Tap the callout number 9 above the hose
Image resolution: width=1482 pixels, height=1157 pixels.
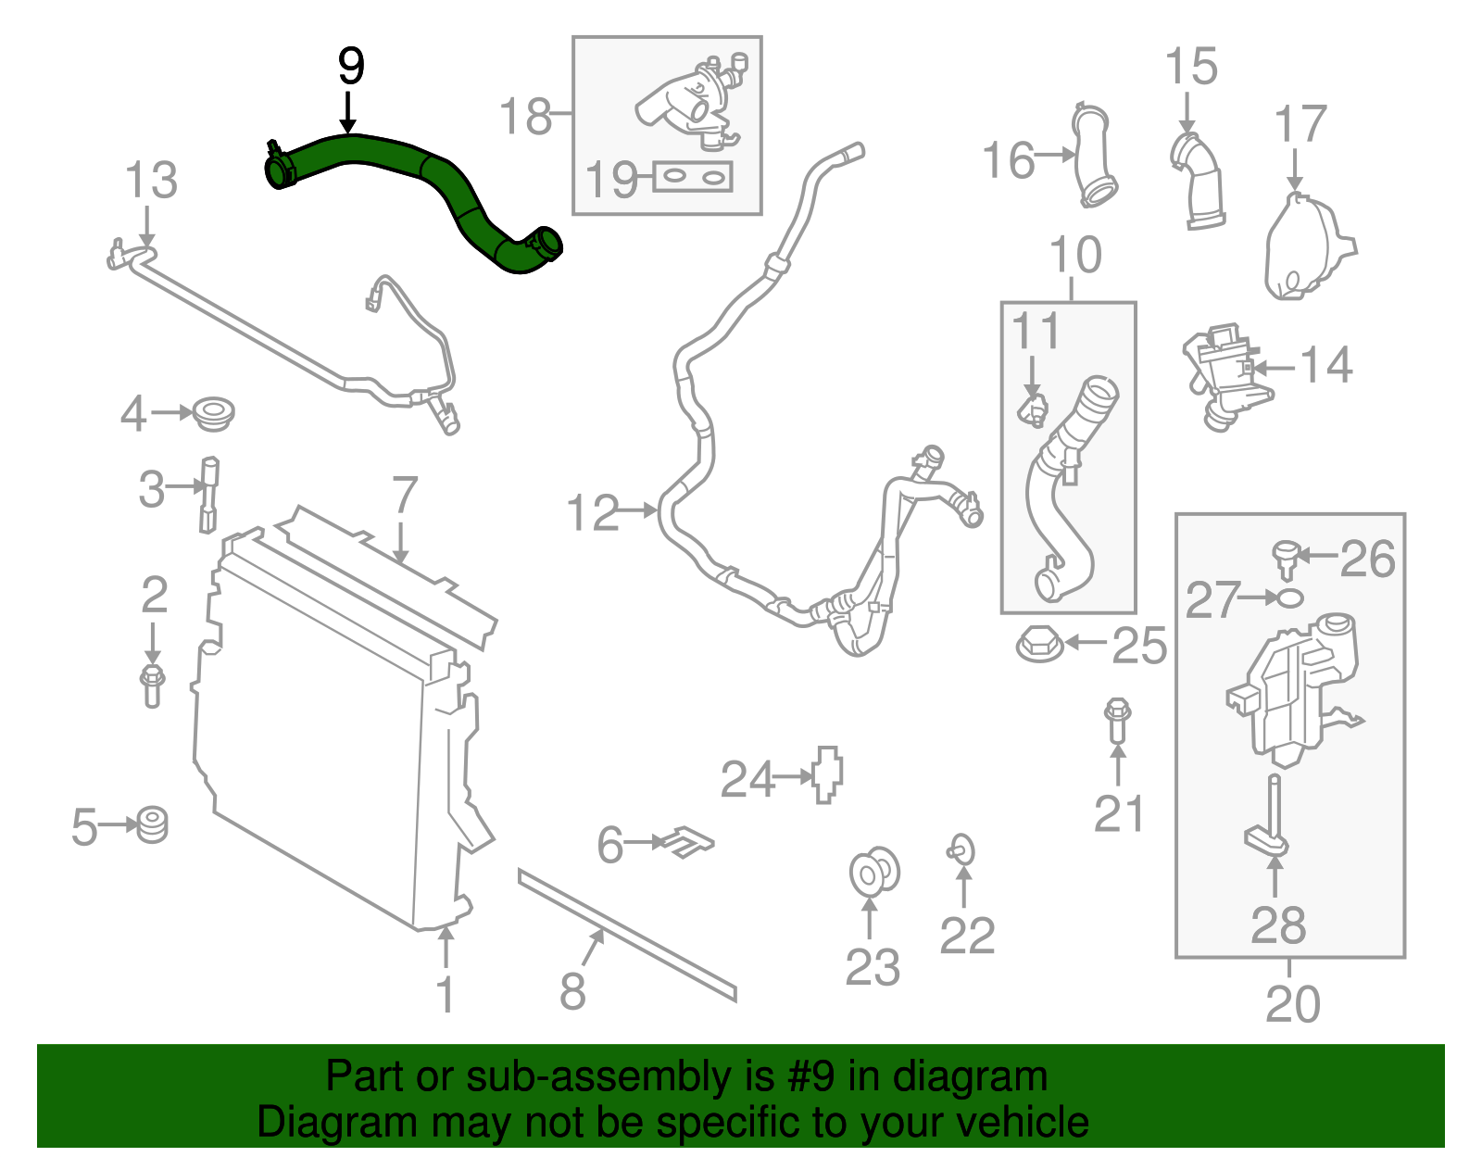click(350, 67)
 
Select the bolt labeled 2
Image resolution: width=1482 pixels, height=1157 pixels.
click(153, 685)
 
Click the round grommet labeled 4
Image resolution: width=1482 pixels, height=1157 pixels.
click(214, 412)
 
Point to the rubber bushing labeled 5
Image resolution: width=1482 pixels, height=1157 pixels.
click(151, 824)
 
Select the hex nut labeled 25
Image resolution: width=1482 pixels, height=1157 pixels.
click(1039, 643)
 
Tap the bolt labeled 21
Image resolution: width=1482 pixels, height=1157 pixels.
click(1117, 722)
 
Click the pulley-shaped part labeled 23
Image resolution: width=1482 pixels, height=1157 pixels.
click(873, 872)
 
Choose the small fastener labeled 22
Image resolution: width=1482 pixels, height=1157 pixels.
click(961, 849)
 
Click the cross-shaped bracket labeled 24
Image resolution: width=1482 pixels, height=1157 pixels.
click(827, 773)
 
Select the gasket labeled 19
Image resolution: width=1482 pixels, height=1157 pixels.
click(694, 176)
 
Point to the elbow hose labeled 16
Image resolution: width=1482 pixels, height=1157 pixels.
click(1095, 157)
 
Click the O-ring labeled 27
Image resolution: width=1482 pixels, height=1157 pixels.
click(1289, 598)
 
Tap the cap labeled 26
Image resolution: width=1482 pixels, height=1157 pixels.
click(1285, 555)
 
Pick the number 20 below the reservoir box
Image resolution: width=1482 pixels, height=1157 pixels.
click(1292, 1004)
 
